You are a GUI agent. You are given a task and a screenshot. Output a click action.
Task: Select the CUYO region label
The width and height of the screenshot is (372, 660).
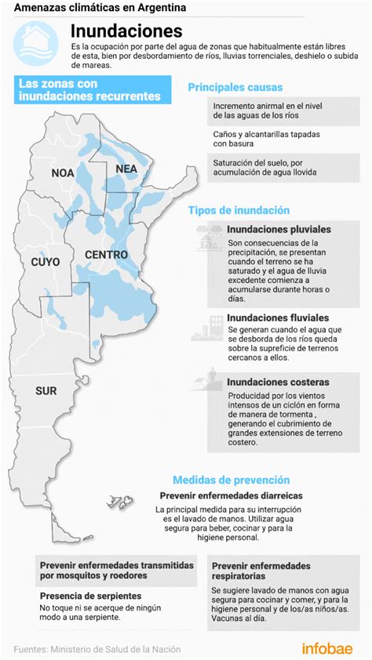(45, 262)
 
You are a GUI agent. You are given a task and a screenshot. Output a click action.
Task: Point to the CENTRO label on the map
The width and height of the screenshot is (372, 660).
(107, 255)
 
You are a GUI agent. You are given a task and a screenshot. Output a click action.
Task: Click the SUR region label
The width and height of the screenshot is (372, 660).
(46, 390)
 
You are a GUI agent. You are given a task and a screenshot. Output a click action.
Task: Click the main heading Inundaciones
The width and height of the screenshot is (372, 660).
(126, 31)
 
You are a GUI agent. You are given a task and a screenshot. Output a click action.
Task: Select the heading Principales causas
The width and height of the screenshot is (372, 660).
(235, 87)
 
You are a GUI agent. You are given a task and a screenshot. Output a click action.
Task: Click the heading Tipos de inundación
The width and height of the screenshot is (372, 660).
(239, 211)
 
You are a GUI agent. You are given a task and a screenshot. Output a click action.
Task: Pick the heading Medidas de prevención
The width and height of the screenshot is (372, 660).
(231, 480)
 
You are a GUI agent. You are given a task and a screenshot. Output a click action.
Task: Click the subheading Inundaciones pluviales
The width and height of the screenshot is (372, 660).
(279, 230)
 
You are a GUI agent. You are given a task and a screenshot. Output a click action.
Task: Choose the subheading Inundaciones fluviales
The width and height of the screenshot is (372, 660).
(278, 318)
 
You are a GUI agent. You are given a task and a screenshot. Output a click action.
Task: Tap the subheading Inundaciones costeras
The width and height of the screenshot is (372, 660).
(278, 382)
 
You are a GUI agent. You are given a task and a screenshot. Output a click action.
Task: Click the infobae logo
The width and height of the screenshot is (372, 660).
(327, 648)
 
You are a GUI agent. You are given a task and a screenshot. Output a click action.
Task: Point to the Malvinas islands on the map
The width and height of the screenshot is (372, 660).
(122, 501)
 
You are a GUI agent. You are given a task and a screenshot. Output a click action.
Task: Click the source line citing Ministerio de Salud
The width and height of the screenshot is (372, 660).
(97, 649)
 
